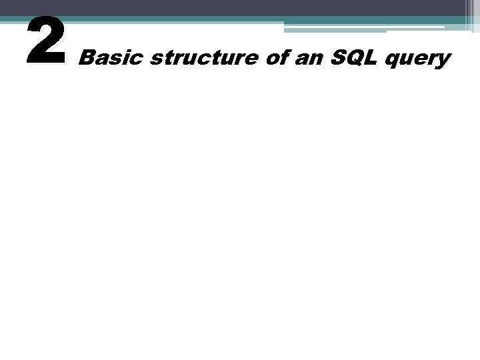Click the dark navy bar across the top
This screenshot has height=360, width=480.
click(233, 7)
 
